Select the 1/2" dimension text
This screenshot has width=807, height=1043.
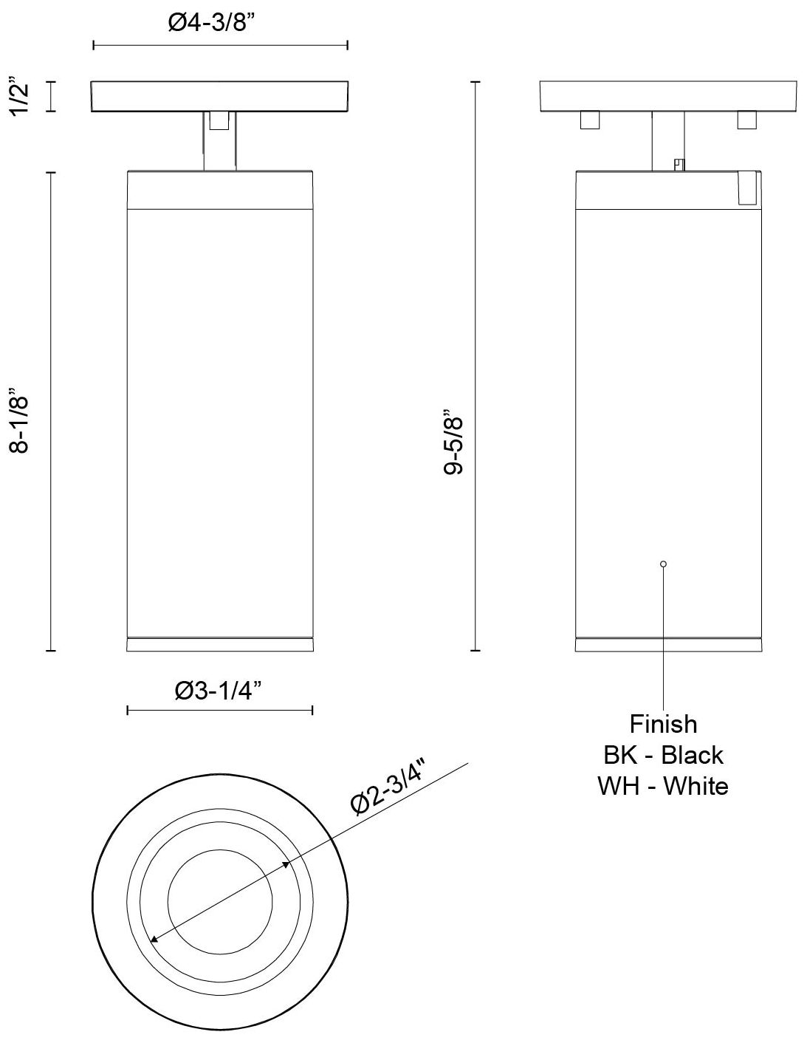pyautogui.click(x=21, y=97)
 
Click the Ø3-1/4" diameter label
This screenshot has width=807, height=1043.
pyautogui.click(x=219, y=691)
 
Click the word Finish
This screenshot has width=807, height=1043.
pyautogui.click(x=663, y=723)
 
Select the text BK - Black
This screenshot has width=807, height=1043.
pyautogui.click(x=663, y=755)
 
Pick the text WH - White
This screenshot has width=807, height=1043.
pyautogui.click(x=663, y=786)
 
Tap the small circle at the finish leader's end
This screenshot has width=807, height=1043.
pyautogui.click(x=664, y=564)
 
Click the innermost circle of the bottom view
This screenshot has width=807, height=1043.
pyautogui.click(x=220, y=900)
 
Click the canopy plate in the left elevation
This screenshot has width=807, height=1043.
pyautogui.click(x=220, y=96)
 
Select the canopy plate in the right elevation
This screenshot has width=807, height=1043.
pyautogui.click(x=668, y=96)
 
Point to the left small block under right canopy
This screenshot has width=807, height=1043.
pyautogui.click(x=589, y=120)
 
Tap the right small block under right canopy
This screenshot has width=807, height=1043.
pyautogui.click(x=746, y=120)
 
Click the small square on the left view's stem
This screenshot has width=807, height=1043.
pyautogui.click(x=219, y=120)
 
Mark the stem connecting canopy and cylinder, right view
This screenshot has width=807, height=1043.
pyautogui.click(x=668, y=140)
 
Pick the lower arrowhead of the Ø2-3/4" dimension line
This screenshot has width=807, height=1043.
pyautogui.click(x=154, y=939)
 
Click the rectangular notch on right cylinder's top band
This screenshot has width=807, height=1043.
pyautogui.click(x=747, y=188)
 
